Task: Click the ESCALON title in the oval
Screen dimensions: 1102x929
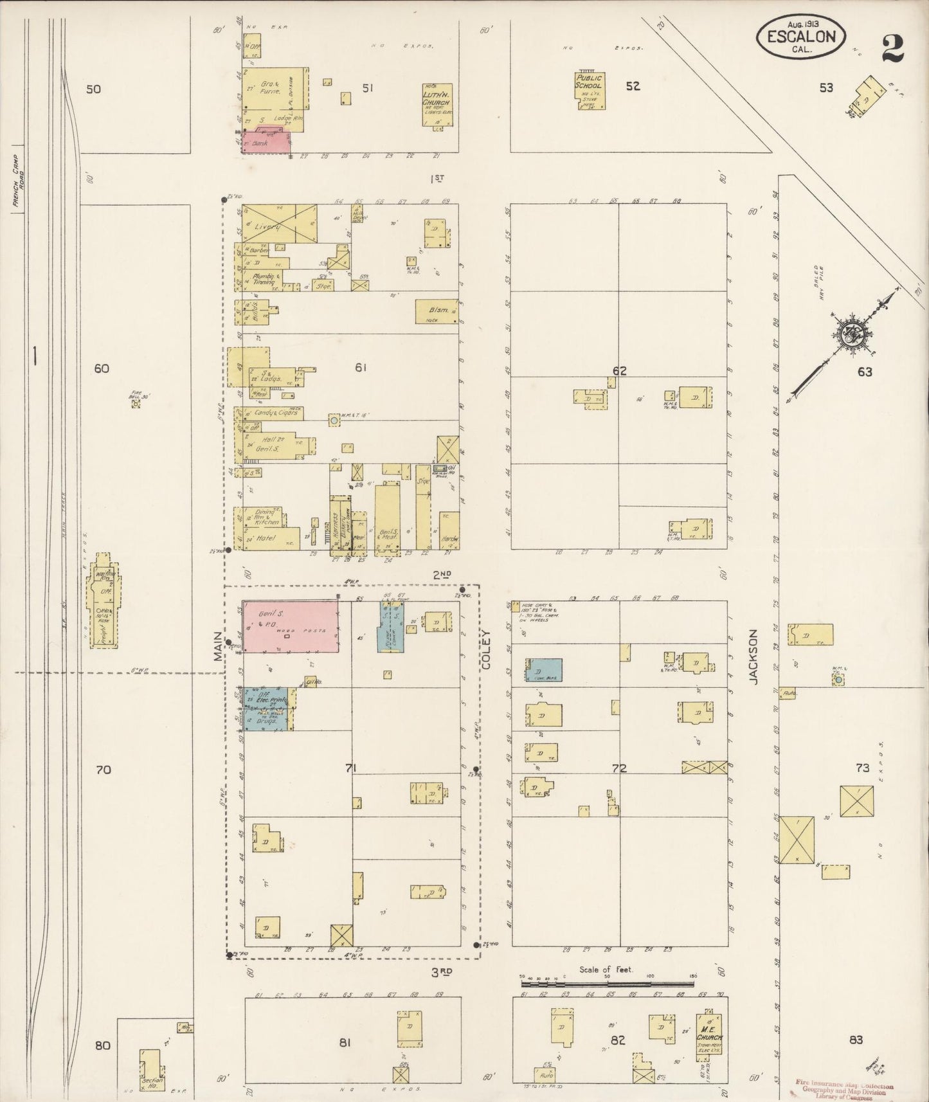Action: click(x=800, y=36)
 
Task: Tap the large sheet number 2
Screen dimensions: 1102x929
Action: click(x=892, y=48)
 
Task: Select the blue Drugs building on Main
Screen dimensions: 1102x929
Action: click(x=266, y=721)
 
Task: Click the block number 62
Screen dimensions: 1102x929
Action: click(x=619, y=371)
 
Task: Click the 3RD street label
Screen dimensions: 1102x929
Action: click(x=442, y=971)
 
